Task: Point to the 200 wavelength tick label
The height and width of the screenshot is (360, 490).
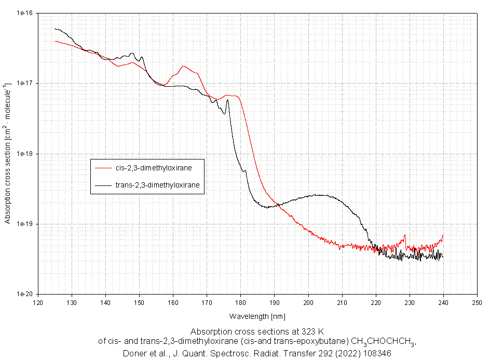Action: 308,302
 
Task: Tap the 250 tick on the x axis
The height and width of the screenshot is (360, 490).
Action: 477,302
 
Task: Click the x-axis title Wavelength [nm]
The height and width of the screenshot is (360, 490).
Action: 257,316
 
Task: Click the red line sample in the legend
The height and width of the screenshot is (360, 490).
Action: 103,168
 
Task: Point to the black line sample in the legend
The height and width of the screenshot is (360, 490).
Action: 103,184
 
